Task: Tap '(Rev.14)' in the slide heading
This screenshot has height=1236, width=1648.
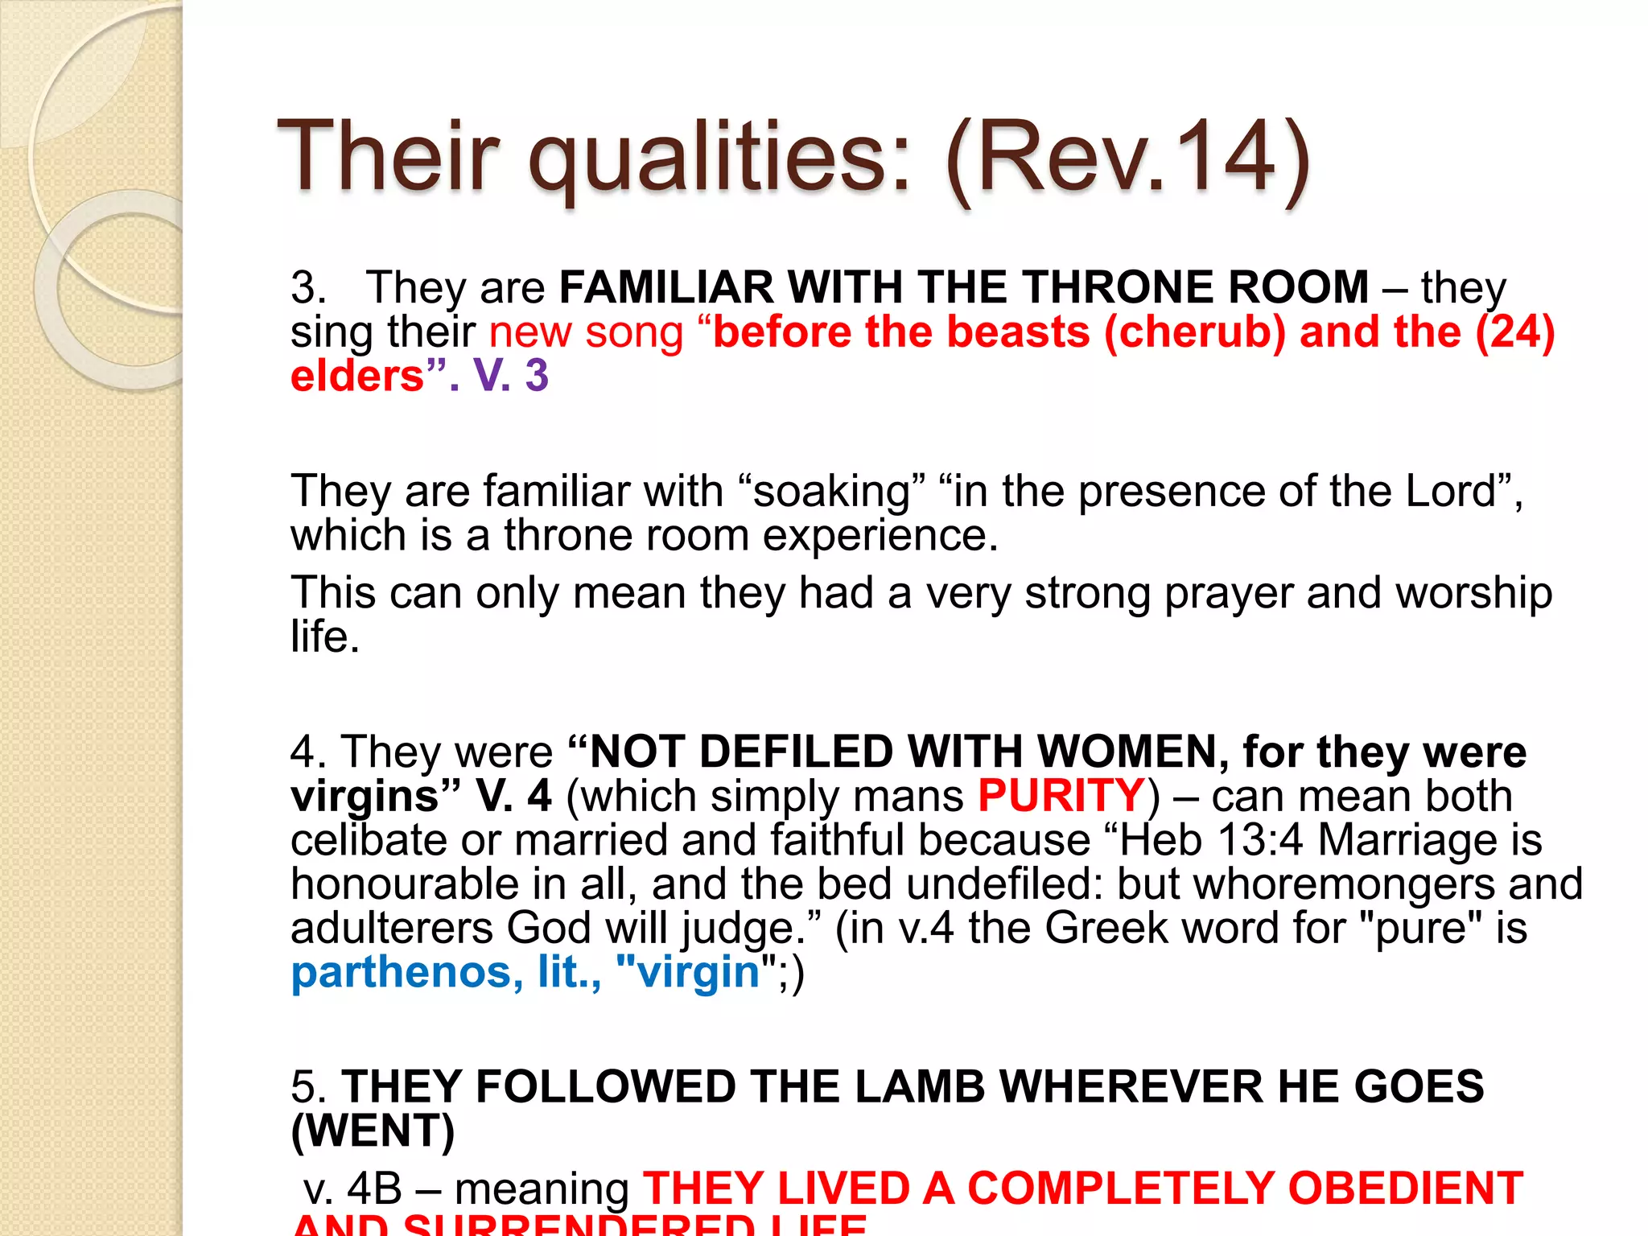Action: pos(1127,157)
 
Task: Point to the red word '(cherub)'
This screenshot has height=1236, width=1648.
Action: pos(1195,332)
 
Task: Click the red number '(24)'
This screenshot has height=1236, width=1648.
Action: pos(1514,332)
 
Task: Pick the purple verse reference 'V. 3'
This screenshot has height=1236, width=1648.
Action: pos(510,376)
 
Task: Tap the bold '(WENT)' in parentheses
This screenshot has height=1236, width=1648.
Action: pos(373,1131)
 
